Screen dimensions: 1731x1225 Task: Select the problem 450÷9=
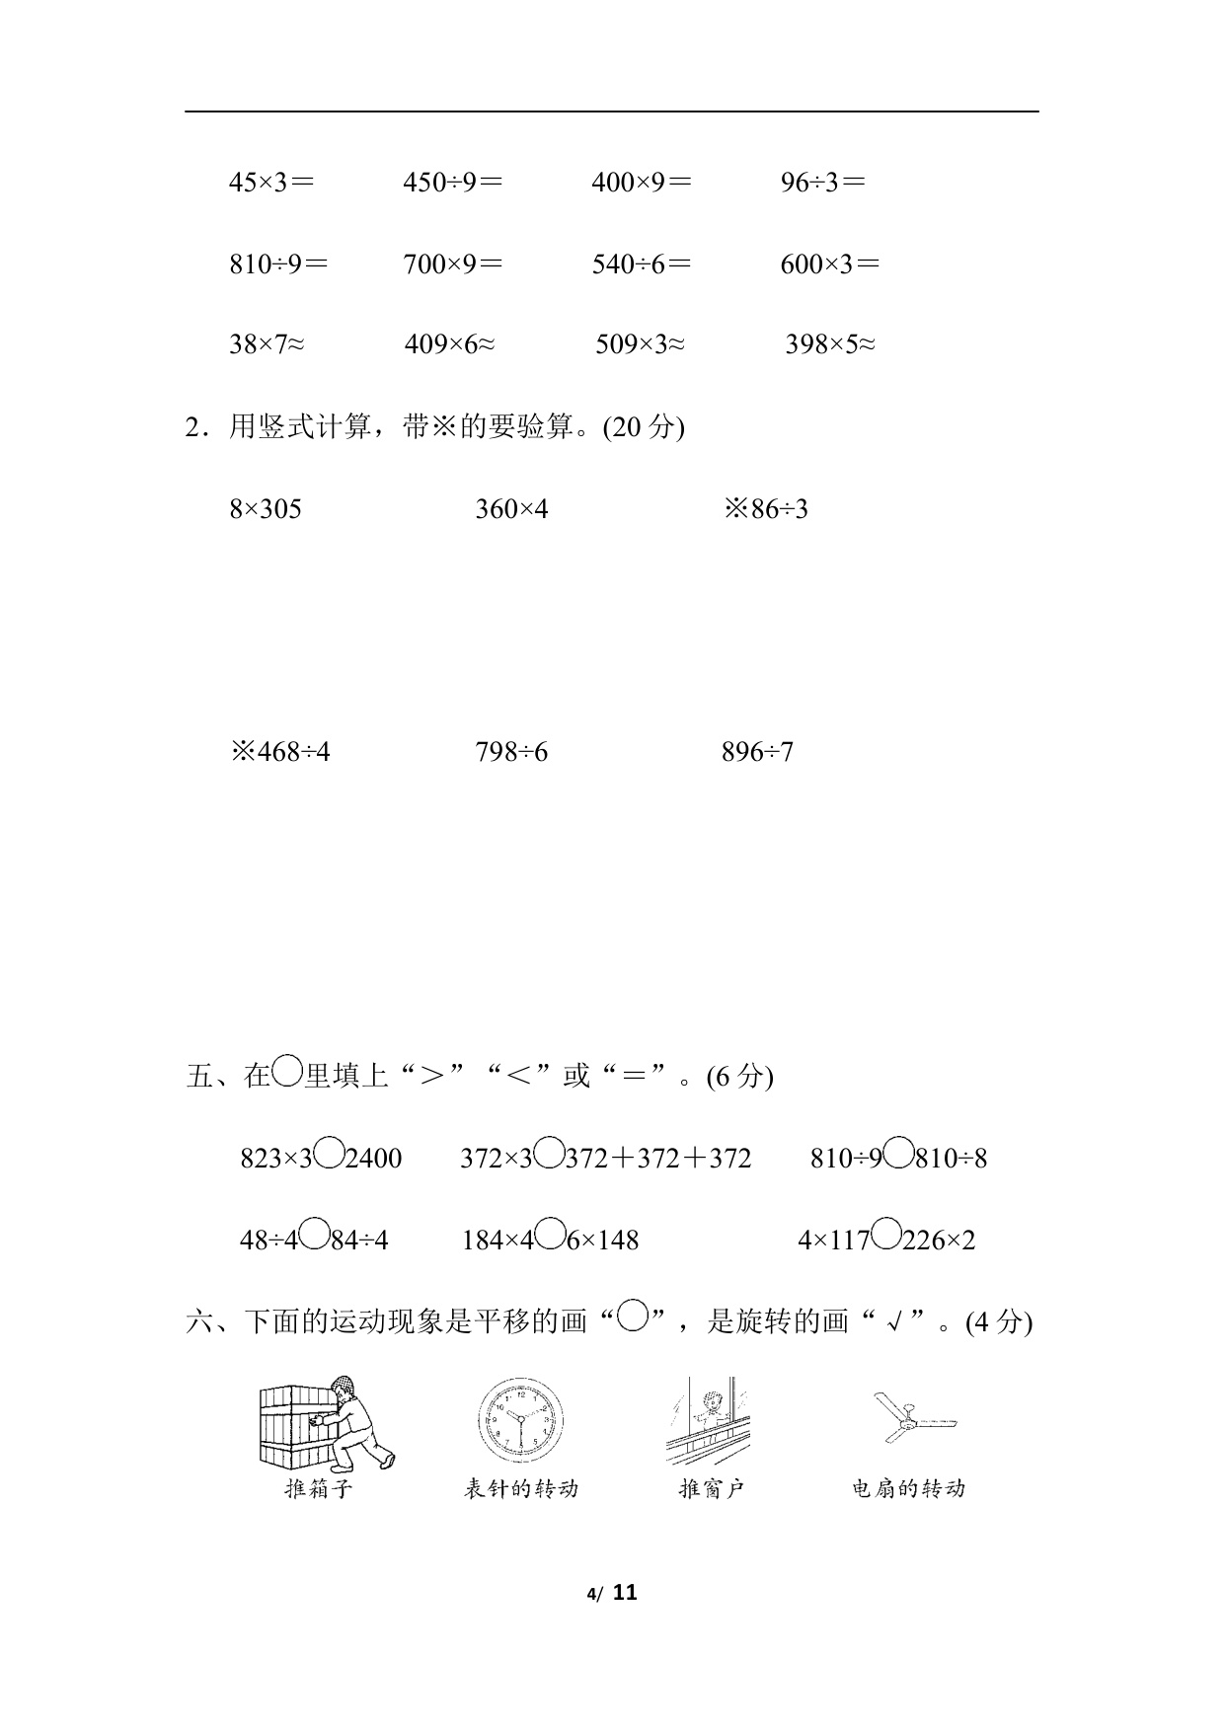click(452, 182)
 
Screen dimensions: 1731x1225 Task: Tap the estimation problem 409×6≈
click(449, 344)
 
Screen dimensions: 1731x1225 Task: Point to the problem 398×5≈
click(830, 344)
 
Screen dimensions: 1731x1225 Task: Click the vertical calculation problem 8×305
click(266, 509)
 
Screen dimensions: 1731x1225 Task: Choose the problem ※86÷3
click(766, 509)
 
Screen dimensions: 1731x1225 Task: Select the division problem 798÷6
click(511, 753)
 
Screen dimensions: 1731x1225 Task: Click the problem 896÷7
click(758, 753)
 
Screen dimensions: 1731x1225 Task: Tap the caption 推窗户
click(711, 1489)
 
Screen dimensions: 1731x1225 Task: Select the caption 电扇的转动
click(908, 1489)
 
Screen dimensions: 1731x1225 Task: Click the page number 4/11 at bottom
click(612, 1593)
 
